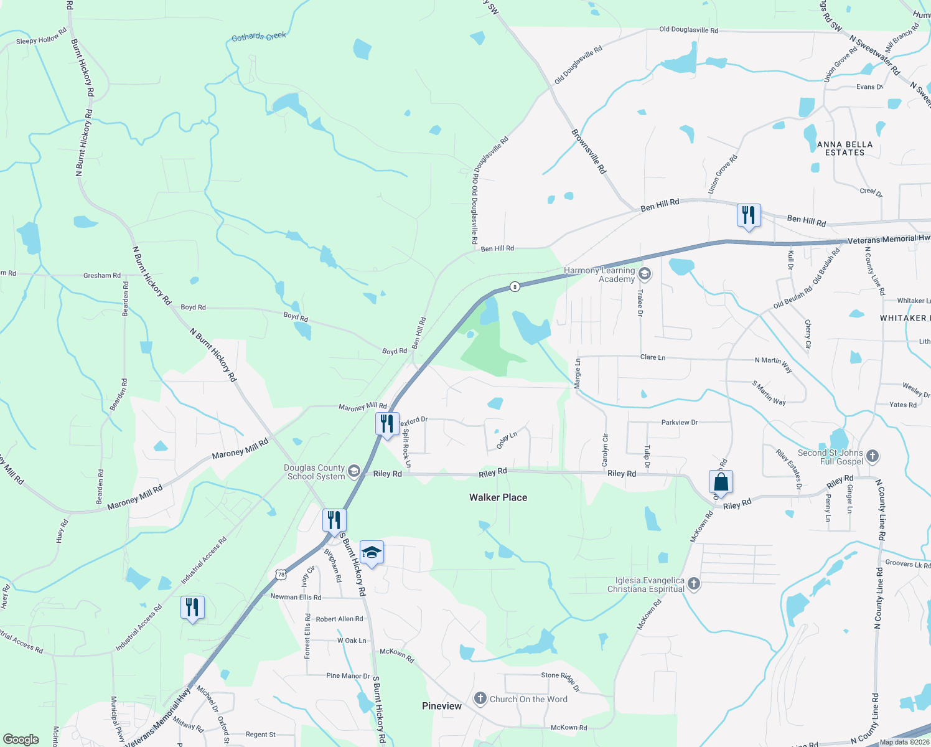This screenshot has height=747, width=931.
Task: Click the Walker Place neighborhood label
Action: [x=498, y=497]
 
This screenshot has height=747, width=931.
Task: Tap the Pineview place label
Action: [x=442, y=706]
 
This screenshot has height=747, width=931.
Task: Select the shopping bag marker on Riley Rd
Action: [x=721, y=482]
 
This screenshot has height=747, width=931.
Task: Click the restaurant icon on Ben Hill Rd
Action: [x=748, y=215]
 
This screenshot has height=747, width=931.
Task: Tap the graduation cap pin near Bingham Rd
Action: [x=372, y=552]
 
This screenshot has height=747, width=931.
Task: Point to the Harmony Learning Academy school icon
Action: [x=645, y=274]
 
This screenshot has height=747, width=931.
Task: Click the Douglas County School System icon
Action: [x=354, y=471]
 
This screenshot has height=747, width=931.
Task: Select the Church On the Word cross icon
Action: [x=480, y=698]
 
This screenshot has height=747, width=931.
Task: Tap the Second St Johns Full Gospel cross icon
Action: [x=872, y=456]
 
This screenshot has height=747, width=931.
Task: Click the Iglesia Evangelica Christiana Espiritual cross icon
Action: [x=694, y=584]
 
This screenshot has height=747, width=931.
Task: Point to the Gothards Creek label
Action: [x=259, y=37]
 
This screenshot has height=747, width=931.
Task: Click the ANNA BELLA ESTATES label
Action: [x=844, y=148]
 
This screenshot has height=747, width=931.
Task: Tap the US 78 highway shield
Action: [x=281, y=575]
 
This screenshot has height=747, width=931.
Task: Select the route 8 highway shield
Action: [x=514, y=287]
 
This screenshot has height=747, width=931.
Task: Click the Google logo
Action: [x=21, y=740]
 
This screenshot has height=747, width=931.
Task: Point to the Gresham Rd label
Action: [x=102, y=275]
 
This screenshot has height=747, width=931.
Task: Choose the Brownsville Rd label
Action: [x=589, y=151]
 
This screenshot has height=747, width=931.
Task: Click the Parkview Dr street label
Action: [x=680, y=422]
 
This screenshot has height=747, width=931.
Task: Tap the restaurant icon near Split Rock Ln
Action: [x=387, y=424]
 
